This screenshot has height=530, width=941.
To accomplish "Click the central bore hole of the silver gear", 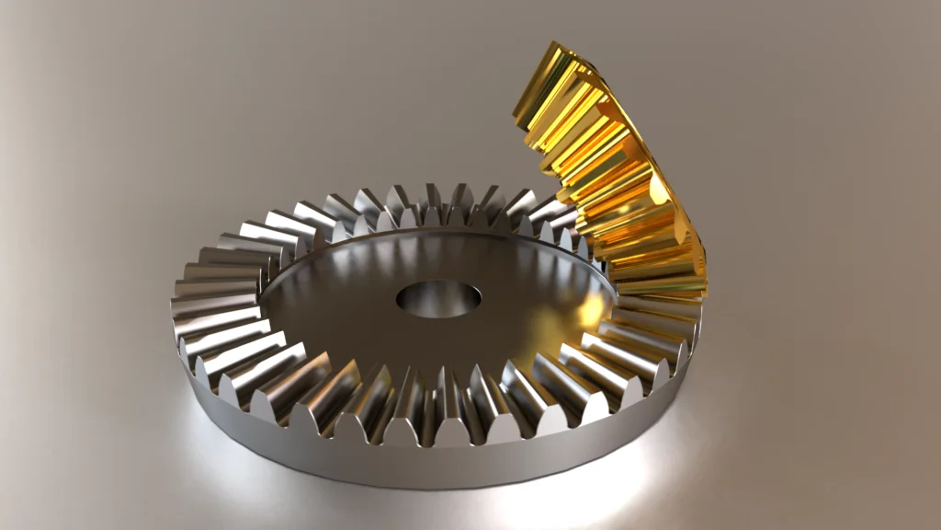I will [x=439, y=300].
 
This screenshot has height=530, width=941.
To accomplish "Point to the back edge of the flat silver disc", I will [x=432, y=234].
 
